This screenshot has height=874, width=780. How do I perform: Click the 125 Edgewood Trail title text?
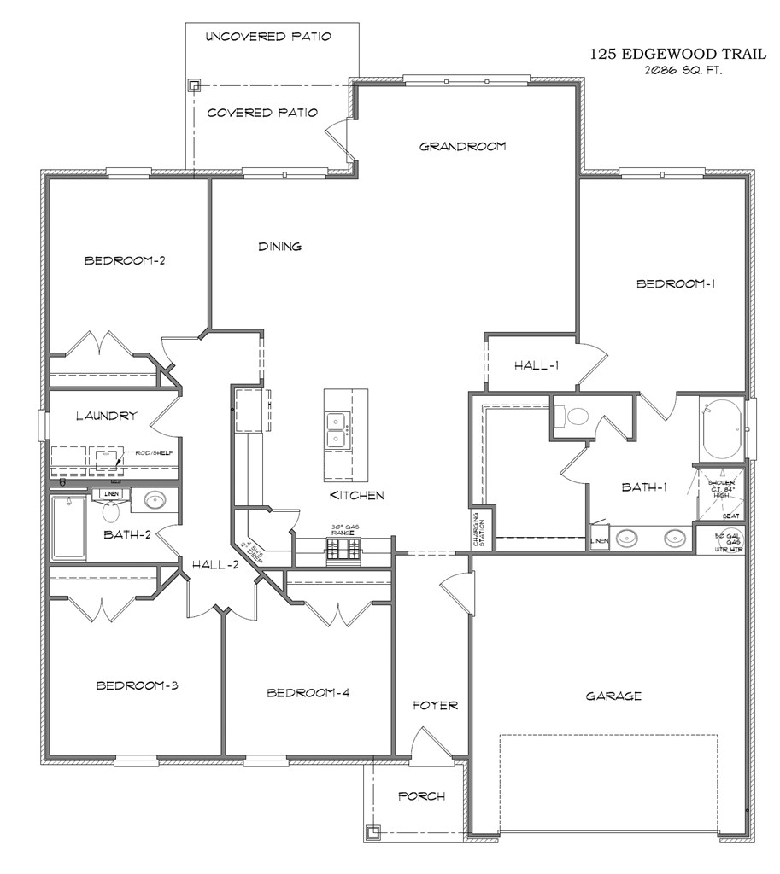coord(666,54)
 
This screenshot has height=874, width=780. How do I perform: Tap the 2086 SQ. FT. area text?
coord(683,71)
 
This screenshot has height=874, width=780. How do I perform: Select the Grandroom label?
coord(462,146)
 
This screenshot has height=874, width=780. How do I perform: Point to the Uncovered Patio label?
coord(268,37)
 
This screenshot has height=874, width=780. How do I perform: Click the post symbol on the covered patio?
coord(194,84)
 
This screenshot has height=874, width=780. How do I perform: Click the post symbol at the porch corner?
coord(372,831)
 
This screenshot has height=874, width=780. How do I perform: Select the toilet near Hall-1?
coord(574,417)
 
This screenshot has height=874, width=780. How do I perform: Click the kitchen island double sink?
coord(337,429)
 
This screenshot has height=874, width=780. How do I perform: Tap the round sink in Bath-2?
coord(155,500)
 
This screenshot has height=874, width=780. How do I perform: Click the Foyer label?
coord(435,705)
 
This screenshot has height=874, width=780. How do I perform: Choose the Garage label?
coord(613,696)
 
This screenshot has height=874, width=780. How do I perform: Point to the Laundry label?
coord(106,416)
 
